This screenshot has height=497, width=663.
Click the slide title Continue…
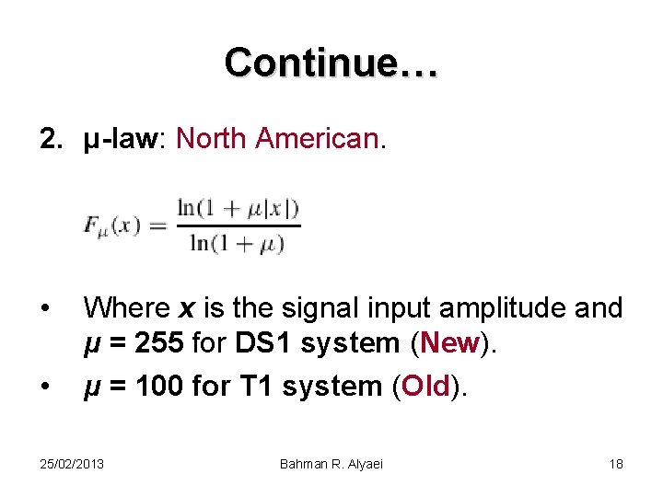point(331,63)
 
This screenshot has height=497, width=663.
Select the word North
point(212,139)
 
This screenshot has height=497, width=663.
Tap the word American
point(317,139)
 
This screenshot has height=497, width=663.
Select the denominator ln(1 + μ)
point(237,243)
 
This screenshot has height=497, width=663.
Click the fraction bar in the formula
point(238,225)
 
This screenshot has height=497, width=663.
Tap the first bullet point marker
point(45,306)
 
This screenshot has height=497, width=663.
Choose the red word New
point(448,343)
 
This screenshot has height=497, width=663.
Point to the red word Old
point(426,387)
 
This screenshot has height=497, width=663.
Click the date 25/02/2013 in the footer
point(72,464)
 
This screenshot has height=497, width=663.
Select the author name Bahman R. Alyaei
point(331,464)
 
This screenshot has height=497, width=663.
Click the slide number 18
point(616,464)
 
